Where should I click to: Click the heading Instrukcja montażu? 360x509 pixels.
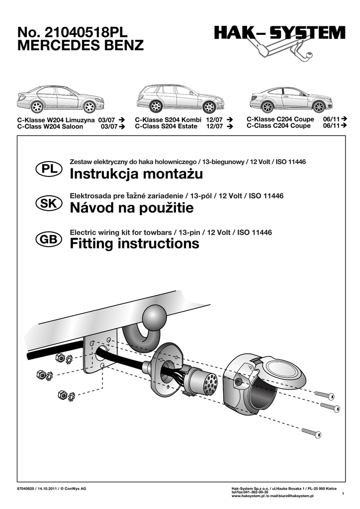(x=136, y=174)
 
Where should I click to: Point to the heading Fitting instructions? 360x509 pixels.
(x=134, y=244)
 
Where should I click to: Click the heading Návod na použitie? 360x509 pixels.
(x=132, y=209)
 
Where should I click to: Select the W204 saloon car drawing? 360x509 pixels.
(x=60, y=99)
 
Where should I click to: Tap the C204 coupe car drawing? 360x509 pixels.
(x=291, y=99)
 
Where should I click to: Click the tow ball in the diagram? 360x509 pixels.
(x=155, y=317)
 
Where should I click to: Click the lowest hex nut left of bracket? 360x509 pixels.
(x=63, y=395)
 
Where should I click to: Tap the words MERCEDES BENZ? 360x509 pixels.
(x=80, y=46)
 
